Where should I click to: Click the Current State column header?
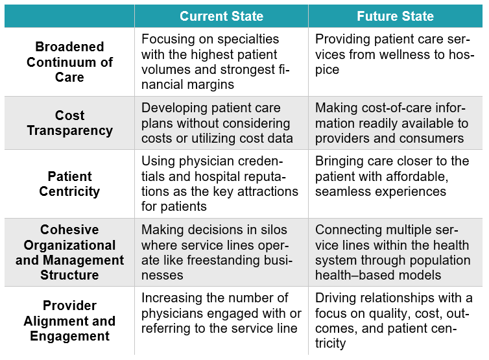221,16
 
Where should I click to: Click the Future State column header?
395,16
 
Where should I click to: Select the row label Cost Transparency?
69,123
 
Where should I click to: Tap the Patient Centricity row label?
69,184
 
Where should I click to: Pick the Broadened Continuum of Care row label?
69,62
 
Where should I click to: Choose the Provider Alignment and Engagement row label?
69,320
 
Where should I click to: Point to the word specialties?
248,40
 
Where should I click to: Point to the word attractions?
268,191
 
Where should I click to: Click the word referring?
161,328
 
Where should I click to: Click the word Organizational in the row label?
69,245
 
